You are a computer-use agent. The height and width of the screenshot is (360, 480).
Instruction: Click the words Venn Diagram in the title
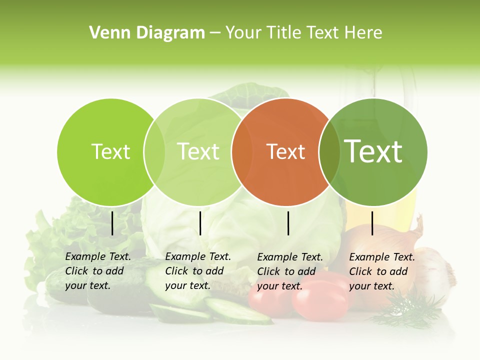(147, 33)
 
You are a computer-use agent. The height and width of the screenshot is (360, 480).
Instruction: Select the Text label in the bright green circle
(110, 151)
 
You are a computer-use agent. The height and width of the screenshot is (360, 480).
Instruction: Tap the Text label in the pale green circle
(198, 151)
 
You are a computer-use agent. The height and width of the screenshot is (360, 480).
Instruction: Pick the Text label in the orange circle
(286, 152)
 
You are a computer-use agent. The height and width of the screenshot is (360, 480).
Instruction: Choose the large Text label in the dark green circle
(373, 151)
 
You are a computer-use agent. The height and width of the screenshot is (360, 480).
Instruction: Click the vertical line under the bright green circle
(112, 223)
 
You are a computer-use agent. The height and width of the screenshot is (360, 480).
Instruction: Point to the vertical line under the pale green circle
(200, 223)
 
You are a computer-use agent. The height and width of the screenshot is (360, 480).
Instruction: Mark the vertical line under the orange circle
(288, 223)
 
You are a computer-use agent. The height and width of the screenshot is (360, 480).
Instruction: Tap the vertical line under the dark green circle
(372, 223)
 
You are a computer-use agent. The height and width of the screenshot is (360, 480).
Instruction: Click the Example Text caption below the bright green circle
(98, 271)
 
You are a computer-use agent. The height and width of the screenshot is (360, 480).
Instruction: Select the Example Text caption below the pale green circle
(198, 271)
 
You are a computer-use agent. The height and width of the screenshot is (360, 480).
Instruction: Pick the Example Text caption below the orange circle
(290, 271)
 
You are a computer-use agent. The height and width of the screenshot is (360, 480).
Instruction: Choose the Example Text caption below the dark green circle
(382, 271)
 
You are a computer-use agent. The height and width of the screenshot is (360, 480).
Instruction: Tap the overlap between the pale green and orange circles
(241, 152)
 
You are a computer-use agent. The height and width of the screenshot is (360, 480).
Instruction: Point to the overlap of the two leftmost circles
(154, 152)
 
